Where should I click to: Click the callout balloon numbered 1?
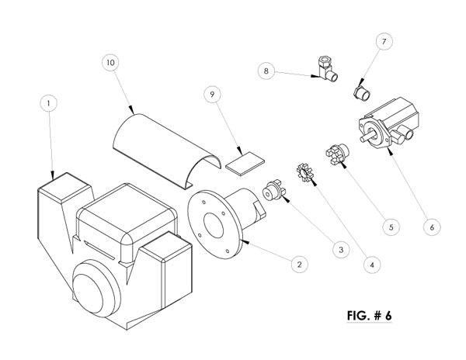click(x=48, y=103)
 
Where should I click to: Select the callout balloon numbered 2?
click(x=299, y=264)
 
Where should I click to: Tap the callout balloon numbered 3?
click(x=341, y=250)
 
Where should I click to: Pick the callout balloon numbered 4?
click(x=372, y=265)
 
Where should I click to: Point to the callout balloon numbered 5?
click(x=391, y=227)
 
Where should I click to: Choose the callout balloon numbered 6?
click(x=432, y=227)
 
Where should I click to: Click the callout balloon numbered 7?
click(x=384, y=42)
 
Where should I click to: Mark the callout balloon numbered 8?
click(x=266, y=71)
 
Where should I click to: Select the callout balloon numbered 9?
click(x=212, y=95)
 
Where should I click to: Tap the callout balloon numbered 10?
click(x=110, y=63)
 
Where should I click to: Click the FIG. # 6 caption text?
click(x=369, y=315)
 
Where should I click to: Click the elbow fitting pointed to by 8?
click(x=327, y=69)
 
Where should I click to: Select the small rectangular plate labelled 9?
click(x=245, y=164)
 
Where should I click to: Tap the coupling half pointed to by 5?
click(x=338, y=153)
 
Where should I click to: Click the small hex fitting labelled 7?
click(x=362, y=92)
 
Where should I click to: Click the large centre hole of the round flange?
click(x=214, y=226)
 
